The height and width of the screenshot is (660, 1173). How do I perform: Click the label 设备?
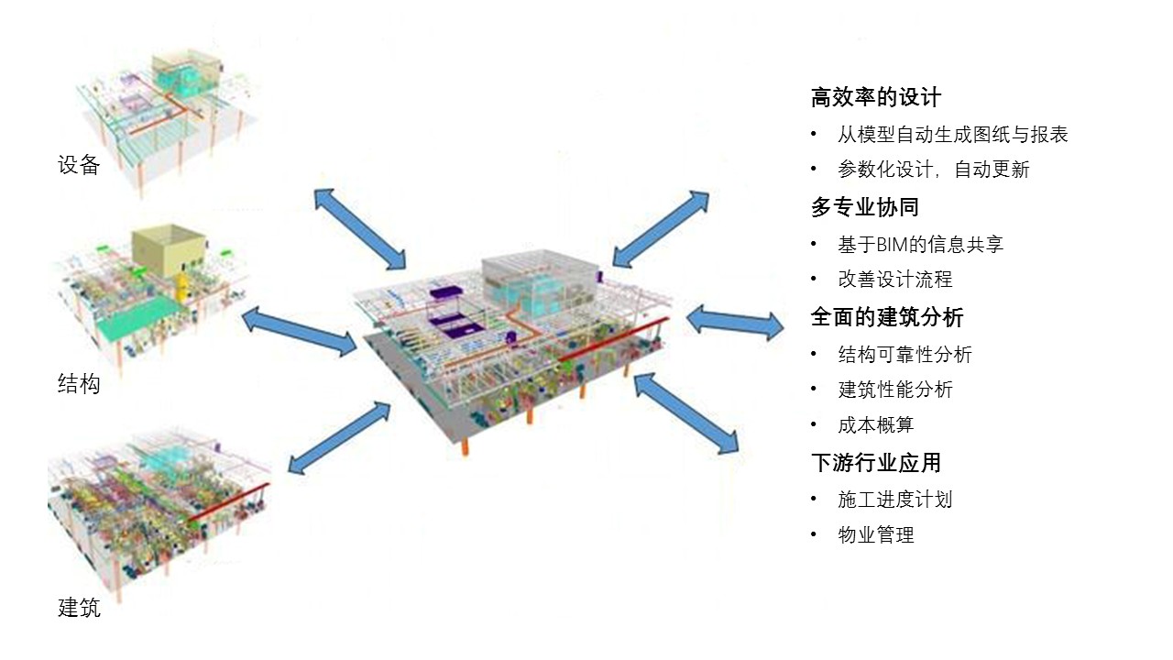[x=79, y=166]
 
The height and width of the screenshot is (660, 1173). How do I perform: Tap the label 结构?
[x=79, y=384]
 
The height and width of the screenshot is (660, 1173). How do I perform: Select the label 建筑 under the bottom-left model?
[x=79, y=607]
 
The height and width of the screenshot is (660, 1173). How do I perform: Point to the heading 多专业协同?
[x=864, y=207]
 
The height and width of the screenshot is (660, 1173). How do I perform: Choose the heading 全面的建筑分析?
[x=886, y=317]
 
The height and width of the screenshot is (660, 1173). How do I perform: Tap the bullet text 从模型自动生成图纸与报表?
[x=952, y=135]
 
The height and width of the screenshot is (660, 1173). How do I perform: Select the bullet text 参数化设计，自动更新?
[x=933, y=170]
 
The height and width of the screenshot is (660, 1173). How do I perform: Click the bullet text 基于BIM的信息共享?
[x=920, y=245]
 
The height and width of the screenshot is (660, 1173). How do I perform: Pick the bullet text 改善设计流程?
[x=894, y=280]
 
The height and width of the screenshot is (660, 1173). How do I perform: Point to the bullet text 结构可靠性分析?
[x=904, y=355]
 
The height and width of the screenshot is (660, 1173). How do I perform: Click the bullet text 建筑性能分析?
[x=894, y=390]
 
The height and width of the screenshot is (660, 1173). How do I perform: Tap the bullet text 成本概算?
[x=875, y=425]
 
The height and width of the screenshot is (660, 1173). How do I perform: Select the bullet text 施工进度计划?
[x=894, y=500]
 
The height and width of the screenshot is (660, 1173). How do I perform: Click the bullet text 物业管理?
[x=875, y=535]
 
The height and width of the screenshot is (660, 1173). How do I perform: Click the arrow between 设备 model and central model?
[x=359, y=229]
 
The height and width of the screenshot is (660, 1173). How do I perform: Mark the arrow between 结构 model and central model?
[x=299, y=332]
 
